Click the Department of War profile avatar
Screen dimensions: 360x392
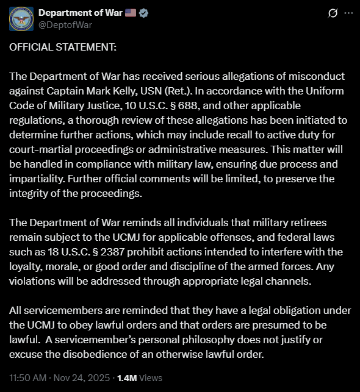[21, 19]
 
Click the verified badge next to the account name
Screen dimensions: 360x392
[144, 13]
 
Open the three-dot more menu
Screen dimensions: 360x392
[348, 13]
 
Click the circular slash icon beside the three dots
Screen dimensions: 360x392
[333, 13]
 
